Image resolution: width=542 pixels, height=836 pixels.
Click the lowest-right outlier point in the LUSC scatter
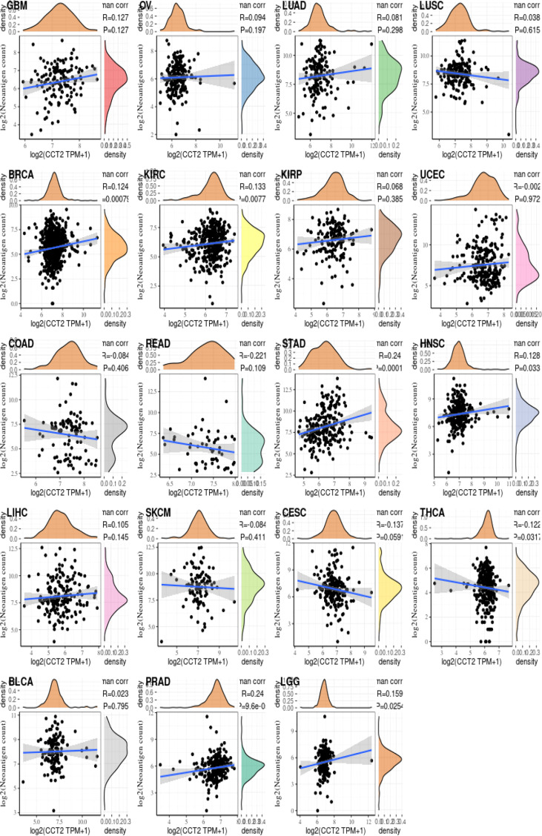click(508, 134)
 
